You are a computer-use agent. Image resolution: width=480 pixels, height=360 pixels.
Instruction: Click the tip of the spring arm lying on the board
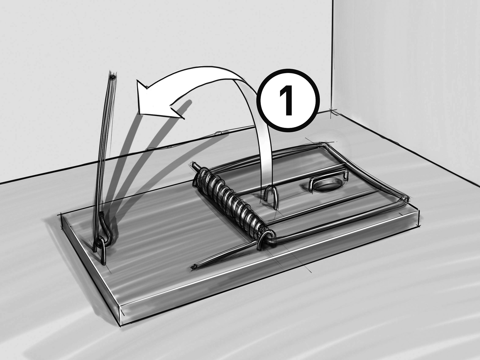coord(194,267)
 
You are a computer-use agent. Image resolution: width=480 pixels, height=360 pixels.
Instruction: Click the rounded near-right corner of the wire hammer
coord(404,200)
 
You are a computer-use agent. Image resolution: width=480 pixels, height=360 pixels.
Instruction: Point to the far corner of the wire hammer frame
coord(326,144)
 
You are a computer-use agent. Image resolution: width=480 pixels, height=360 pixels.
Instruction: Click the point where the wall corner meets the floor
coord(332,111)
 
